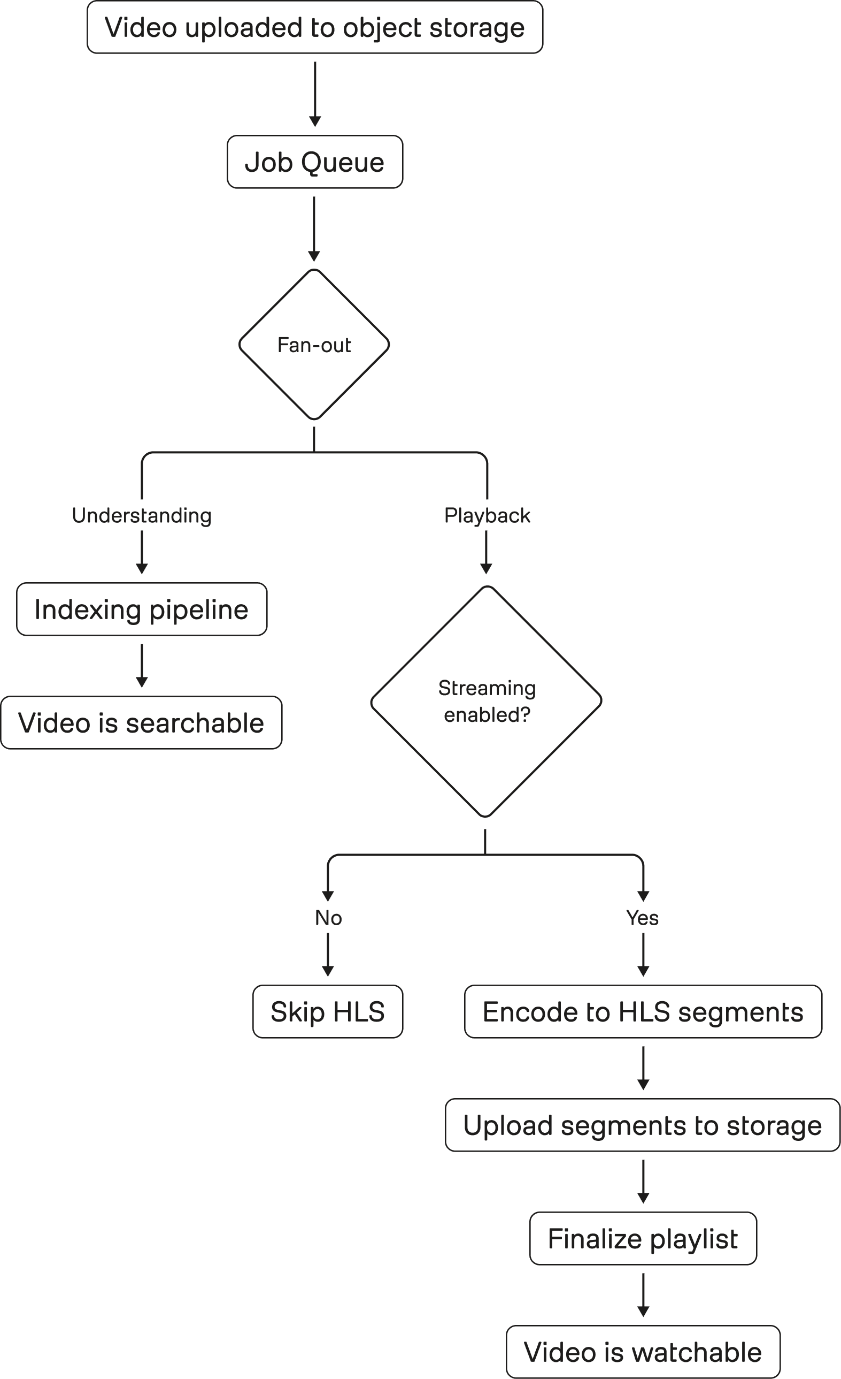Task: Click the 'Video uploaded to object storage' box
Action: pos(315,27)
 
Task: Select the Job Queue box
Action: pos(315,162)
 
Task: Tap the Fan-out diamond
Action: pos(314,345)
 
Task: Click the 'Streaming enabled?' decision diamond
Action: pos(487,701)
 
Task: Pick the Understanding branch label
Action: pos(142,515)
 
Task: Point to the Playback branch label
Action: pos(487,515)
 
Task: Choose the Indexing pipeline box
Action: pos(142,609)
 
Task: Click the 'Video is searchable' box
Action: pos(142,723)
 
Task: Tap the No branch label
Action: pos(328,918)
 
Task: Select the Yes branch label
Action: pos(643,918)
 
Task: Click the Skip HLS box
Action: pos(328,1012)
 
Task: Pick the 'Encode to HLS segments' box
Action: pos(643,1012)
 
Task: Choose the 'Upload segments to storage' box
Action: pos(643,1125)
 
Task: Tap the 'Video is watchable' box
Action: pos(643,1352)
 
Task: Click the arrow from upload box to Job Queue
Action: pos(315,94)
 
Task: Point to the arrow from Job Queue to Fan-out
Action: pos(314,228)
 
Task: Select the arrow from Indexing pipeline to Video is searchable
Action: pos(142,666)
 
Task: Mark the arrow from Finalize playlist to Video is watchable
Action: pos(643,1295)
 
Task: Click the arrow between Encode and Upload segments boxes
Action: pos(643,1068)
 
